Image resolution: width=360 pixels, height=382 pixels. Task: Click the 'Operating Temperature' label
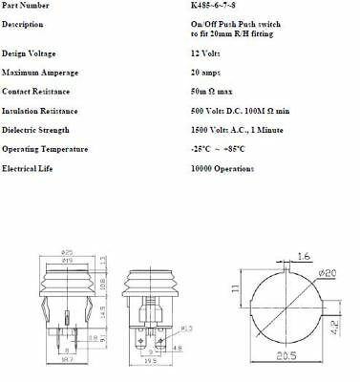pos(45,148)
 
